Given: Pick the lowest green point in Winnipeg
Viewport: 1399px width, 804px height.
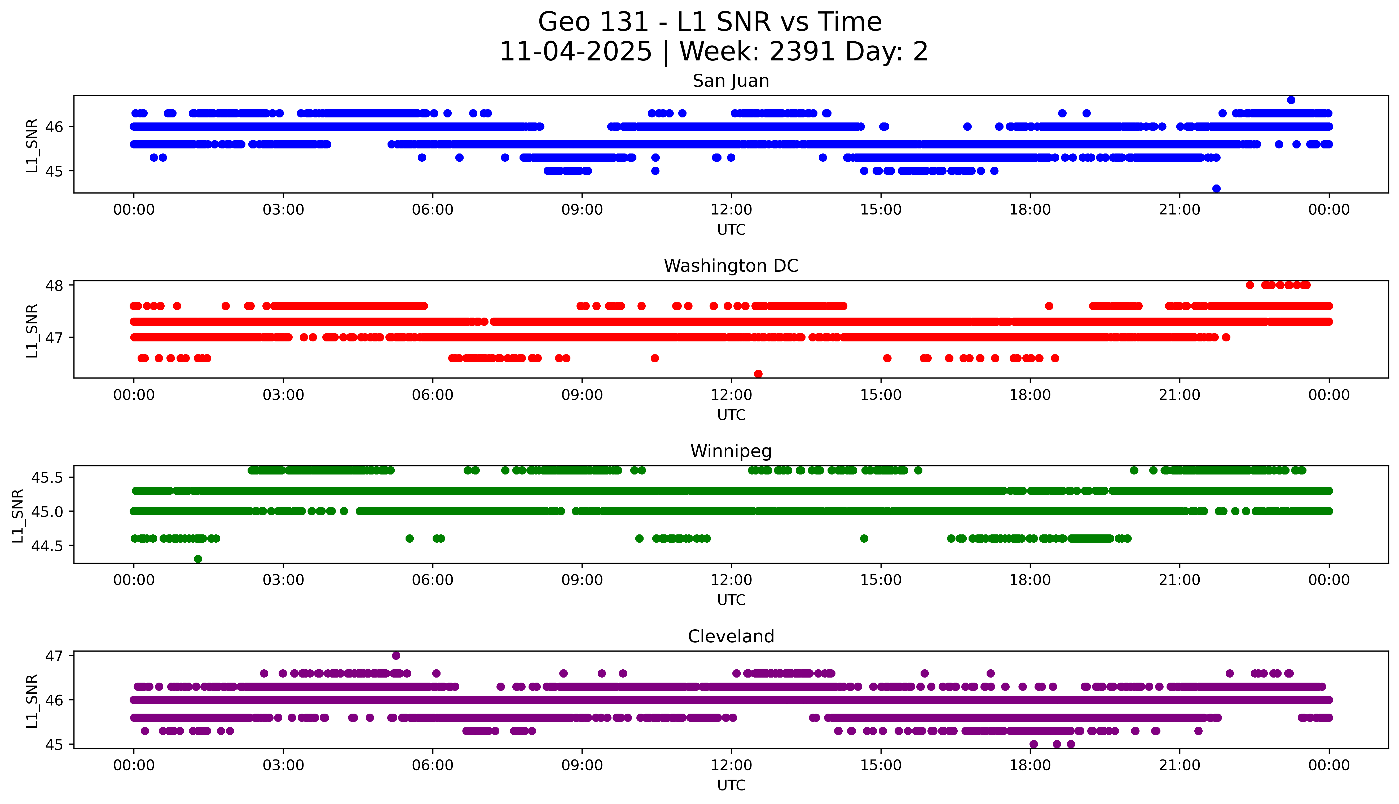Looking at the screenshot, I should [x=198, y=559].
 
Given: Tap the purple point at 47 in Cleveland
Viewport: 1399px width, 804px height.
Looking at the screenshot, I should [x=396, y=656].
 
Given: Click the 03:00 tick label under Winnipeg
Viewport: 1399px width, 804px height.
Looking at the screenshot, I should [x=283, y=580].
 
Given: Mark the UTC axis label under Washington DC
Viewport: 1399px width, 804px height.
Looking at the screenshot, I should [x=731, y=415].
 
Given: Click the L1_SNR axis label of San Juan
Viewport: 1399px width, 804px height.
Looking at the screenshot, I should [x=32, y=145].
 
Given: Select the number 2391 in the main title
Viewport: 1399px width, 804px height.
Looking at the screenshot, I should [x=802, y=52].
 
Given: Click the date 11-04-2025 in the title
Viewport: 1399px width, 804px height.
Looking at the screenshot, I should [x=576, y=52].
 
